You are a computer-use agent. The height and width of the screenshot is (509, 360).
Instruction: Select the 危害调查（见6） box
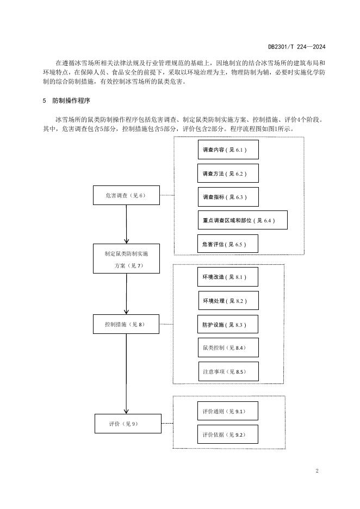coord(126,195)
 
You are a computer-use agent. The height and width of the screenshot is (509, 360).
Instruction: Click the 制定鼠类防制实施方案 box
coord(126,258)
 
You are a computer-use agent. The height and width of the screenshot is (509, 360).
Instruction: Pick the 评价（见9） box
coord(128,423)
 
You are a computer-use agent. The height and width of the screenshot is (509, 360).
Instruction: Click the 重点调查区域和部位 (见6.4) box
coord(242,220)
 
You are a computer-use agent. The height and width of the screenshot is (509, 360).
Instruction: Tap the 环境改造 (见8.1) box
coord(228,277)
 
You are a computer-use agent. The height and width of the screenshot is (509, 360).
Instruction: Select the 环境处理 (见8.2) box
coord(228,301)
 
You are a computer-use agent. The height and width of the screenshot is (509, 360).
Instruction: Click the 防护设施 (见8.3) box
coord(227,325)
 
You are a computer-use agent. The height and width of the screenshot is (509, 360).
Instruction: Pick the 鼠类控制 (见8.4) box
coord(227,347)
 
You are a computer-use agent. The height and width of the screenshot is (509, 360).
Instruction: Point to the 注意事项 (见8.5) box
coord(227,371)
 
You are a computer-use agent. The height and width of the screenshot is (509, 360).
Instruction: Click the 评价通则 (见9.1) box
coord(227,411)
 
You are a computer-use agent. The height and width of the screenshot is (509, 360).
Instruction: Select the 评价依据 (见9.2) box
coord(227,434)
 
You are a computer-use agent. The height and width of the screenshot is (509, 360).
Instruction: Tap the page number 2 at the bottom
coord(317,470)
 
